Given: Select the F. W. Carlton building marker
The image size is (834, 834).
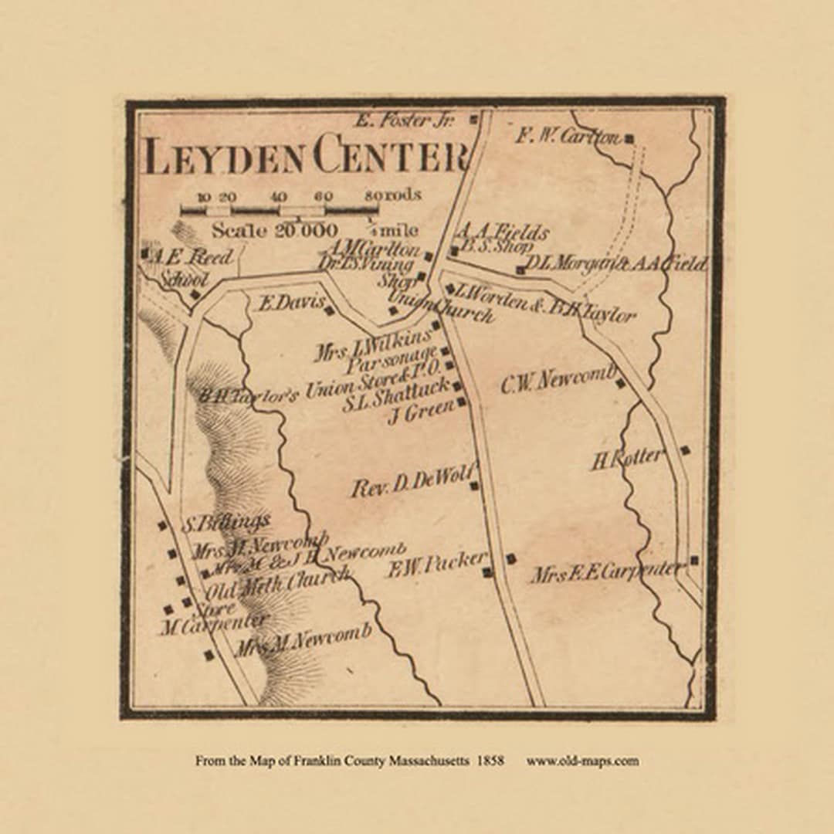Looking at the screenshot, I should [629, 139].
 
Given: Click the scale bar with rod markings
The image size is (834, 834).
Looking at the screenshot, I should [279, 209].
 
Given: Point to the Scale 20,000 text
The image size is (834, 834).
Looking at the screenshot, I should [274, 230].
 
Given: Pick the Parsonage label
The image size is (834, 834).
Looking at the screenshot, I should [392, 361].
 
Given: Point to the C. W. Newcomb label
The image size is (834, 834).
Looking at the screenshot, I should [558, 380].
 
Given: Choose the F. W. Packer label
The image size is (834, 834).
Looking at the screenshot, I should [436, 564].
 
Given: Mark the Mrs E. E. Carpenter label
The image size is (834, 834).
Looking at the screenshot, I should [606, 573].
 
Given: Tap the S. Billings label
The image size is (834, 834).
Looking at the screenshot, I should [225, 524].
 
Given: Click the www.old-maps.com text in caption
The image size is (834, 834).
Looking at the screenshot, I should [582, 761].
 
